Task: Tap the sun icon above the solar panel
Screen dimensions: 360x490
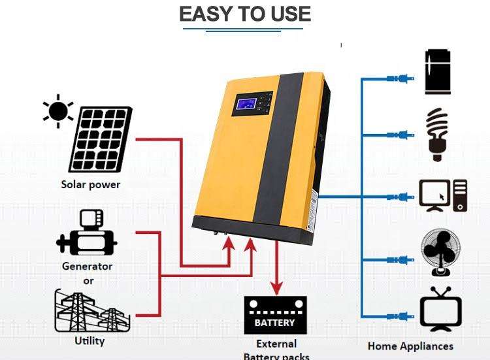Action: click(x=57, y=111)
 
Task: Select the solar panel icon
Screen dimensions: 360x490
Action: click(x=101, y=138)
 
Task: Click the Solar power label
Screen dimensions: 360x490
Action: click(x=91, y=184)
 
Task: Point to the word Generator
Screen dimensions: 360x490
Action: click(x=87, y=266)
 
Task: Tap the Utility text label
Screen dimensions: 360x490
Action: click(x=90, y=340)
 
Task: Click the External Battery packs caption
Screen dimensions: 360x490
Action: click(x=276, y=350)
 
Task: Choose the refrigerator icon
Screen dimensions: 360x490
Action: click(x=438, y=71)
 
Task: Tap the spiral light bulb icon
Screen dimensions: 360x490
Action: click(x=437, y=134)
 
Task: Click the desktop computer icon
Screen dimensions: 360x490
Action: click(x=443, y=195)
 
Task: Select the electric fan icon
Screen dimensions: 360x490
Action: click(x=440, y=252)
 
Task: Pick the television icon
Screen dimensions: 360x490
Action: click(x=440, y=310)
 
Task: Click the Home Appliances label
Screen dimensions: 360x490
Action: click(x=410, y=346)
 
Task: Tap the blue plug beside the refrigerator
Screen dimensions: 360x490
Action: click(x=400, y=79)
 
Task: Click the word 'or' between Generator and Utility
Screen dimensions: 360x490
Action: click(x=88, y=280)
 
